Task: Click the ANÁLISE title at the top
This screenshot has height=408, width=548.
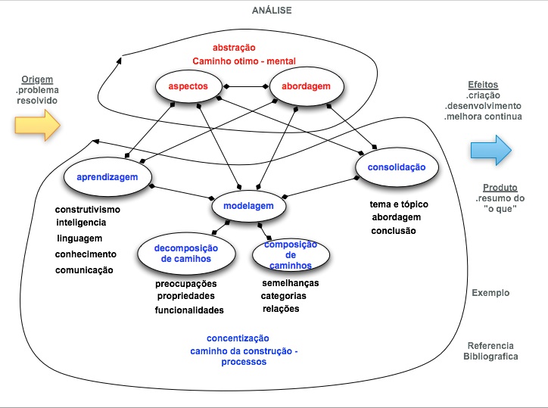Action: coord(272,10)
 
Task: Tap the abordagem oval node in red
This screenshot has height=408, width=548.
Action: coord(306,87)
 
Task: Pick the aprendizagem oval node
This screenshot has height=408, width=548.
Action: coord(106,176)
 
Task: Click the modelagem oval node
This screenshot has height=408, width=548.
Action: coord(248,206)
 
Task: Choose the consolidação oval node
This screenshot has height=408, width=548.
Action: coord(397,167)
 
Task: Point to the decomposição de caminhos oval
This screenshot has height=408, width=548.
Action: coord(185,254)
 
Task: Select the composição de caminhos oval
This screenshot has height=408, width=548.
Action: coord(290,255)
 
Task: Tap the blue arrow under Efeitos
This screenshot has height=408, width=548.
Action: coord(491,147)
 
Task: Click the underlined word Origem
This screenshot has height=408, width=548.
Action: coord(37,79)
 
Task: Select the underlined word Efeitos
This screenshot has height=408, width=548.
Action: coord(482,85)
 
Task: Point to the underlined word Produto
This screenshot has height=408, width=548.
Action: coord(500,187)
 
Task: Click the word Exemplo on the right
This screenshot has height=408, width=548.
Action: coord(490,293)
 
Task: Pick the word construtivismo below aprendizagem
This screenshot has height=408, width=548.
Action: coord(88,210)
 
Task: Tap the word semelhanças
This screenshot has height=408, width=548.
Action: coord(290,282)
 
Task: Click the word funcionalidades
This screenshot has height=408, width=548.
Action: coord(189,310)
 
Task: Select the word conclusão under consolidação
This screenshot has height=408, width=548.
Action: coord(393,230)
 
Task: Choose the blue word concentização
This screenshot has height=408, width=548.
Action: coord(238,338)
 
